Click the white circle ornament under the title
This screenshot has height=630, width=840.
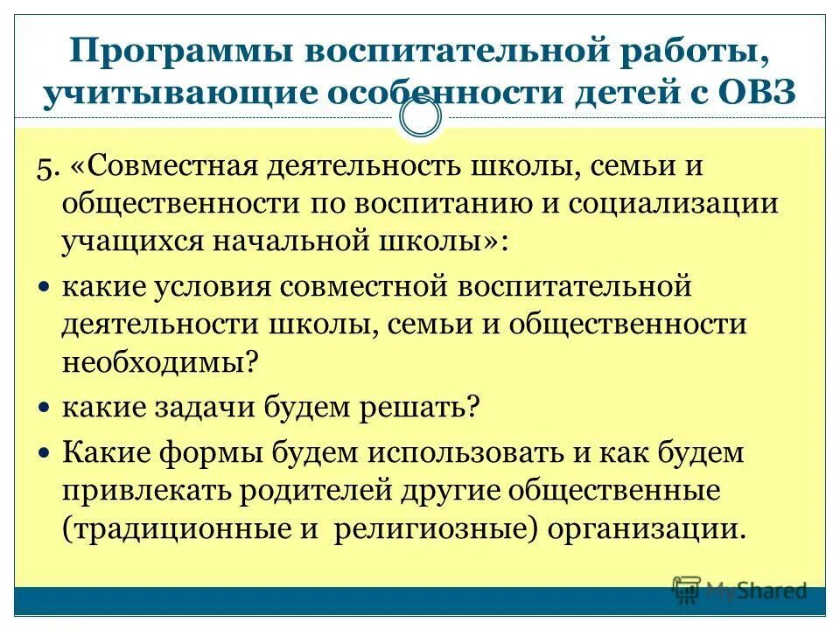click(420, 118)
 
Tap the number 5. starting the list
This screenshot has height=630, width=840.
click(71, 167)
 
